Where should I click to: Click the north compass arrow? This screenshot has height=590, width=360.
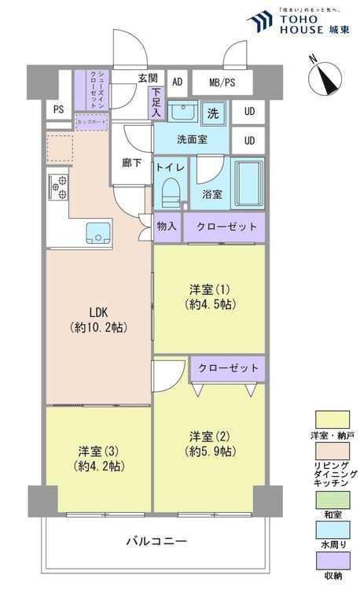point(325,78)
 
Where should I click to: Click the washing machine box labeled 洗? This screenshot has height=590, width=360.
point(212,113)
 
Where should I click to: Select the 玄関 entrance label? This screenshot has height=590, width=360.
point(148,79)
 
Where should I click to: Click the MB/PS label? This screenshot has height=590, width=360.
point(222,82)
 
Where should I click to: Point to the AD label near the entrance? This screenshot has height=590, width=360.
point(177,82)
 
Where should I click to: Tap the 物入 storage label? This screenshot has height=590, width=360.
point(167,227)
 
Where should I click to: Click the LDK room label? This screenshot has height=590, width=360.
point(98,312)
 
